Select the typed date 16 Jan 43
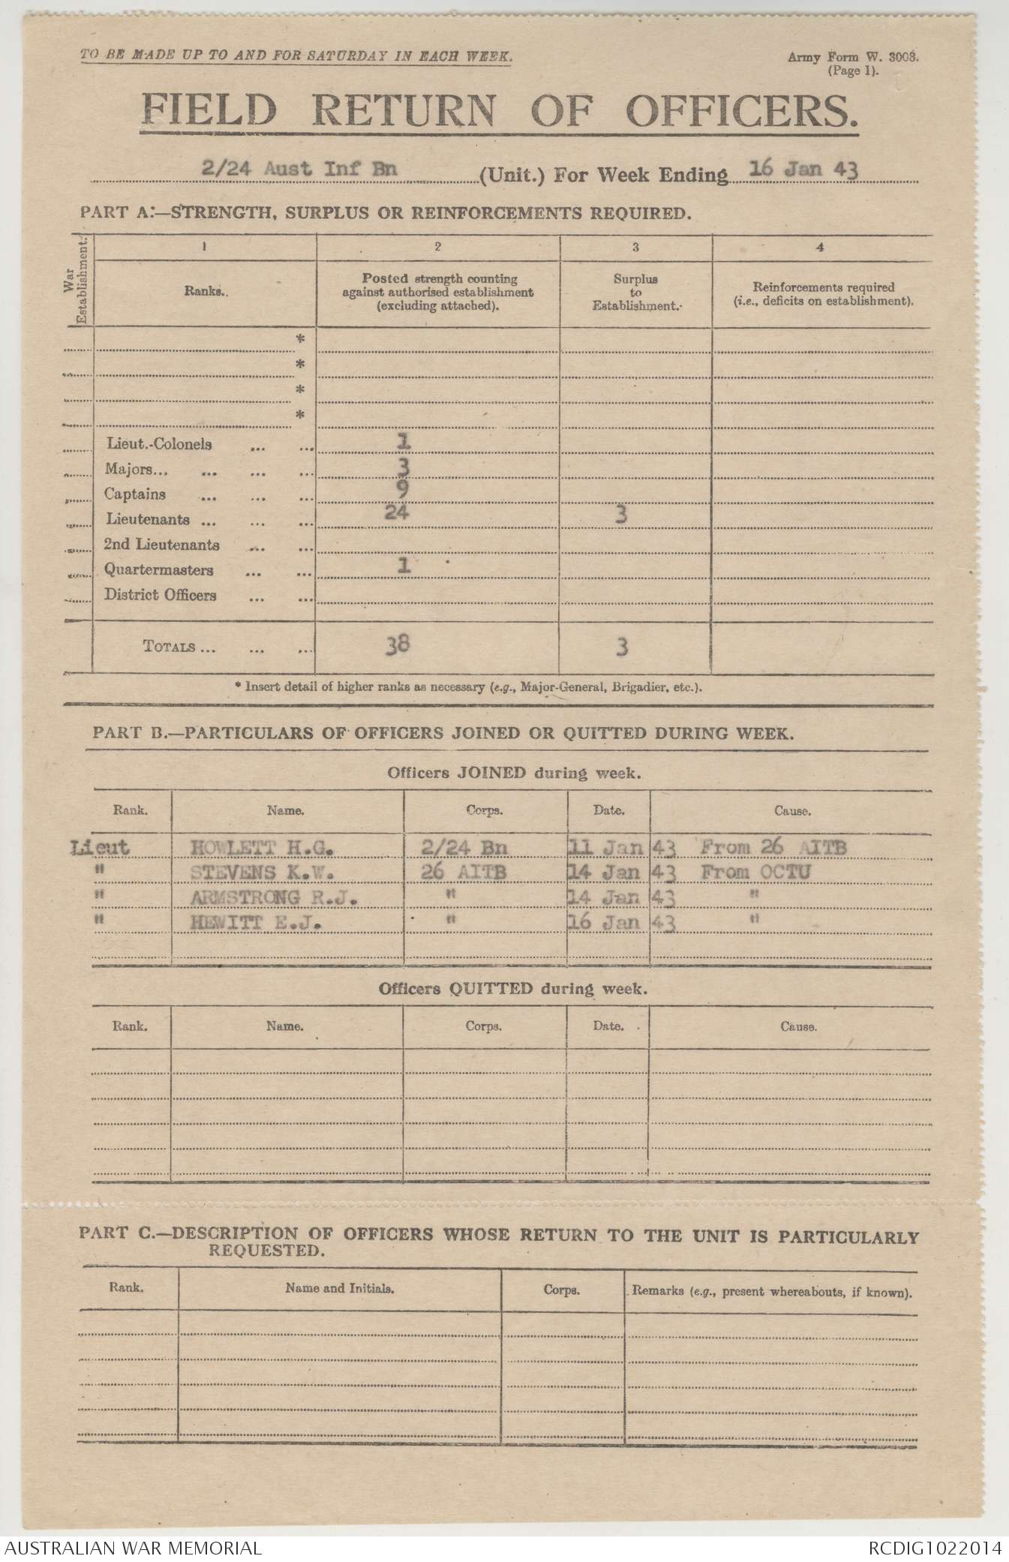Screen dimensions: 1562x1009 pyautogui.click(x=805, y=169)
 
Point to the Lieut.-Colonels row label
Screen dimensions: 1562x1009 pyautogui.click(x=158, y=444)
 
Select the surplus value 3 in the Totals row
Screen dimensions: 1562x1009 pyautogui.click(x=622, y=647)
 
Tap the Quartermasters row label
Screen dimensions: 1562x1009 pyautogui.click(x=159, y=570)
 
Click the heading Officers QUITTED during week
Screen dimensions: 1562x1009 pyautogui.click(x=514, y=988)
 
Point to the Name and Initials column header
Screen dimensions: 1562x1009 pyautogui.click(x=340, y=1288)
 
